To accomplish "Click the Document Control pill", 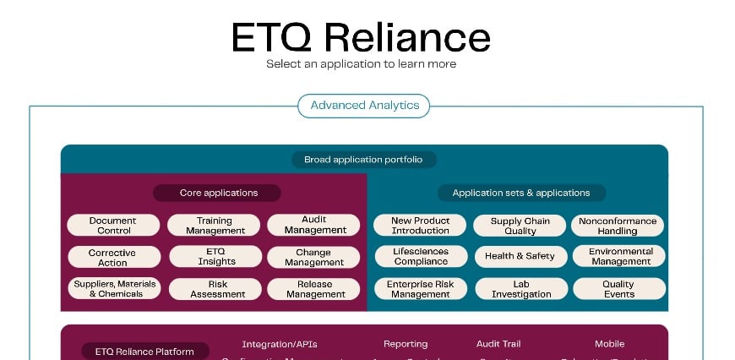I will point(114,226).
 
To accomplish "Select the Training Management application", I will point(215,226).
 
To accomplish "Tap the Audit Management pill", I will point(315,225).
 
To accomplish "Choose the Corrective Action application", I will point(113,258).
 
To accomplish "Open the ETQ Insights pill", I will point(215,257).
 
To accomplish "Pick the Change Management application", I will point(313,257).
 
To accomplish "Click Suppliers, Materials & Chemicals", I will point(114,289).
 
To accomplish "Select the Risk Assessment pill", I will point(215,289).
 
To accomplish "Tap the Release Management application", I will point(315,289).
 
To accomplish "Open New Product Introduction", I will point(421,226).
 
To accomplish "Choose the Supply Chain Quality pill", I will point(520,226).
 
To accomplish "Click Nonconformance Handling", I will point(618,226).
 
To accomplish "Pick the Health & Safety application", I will point(520,256).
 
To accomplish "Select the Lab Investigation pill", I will point(520,289).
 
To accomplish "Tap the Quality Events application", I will point(618,289).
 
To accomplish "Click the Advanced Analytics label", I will point(364,106).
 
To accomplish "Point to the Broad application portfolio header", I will point(364,159).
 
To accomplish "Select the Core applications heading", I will point(218,193).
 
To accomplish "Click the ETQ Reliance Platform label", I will point(144,352).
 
